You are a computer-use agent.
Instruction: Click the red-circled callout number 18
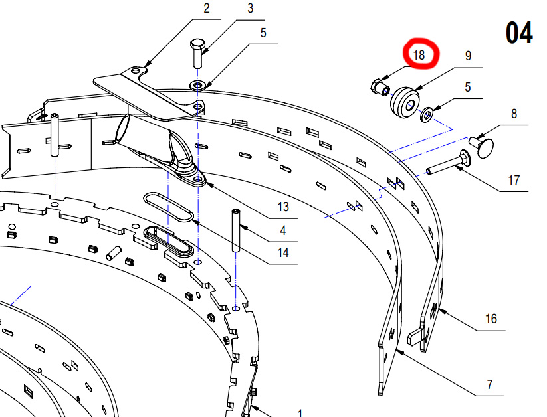click(419, 55)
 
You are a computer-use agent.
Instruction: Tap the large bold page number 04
click(519, 33)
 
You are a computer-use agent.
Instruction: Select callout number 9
click(468, 56)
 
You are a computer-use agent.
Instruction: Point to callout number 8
click(514, 114)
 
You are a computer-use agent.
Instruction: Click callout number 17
click(514, 180)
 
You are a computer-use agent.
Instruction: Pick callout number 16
click(491, 319)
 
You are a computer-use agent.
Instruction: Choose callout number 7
click(490, 384)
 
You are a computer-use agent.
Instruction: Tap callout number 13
click(283, 207)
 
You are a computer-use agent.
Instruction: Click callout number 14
click(283, 252)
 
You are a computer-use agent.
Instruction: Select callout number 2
click(207, 8)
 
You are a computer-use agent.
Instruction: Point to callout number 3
click(250, 8)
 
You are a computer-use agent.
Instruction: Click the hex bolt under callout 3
click(197, 53)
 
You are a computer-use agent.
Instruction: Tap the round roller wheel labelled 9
click(405, 102)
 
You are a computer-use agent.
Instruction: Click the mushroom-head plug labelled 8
click(481, 147)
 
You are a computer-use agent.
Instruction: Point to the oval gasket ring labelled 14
click(167, 207)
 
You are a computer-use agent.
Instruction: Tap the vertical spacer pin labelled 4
click(236, 230)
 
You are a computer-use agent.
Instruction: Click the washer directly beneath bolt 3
click(198, 85)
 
